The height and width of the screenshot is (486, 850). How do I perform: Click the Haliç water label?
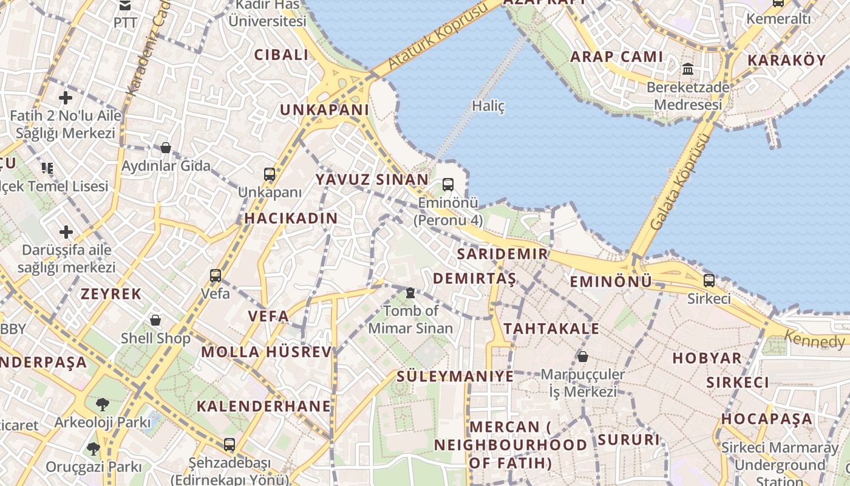[x=488, y=106]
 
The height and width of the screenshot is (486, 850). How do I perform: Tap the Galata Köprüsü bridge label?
[x=679, y=182]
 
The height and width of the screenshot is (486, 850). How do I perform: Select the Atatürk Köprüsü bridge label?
[x=438, y=36]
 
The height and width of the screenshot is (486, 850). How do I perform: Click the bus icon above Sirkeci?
[x=709, y=281]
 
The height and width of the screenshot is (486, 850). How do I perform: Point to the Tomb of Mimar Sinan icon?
[x=410, y=293]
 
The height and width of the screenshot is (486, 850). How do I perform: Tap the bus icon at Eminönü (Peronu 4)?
[x=448, y=185]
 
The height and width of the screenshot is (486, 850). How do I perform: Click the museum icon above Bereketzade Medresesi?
[x=688, y=69]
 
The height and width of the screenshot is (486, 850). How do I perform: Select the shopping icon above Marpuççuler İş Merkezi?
[x=583, y=356]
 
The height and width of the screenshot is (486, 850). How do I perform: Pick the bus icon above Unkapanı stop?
[x=270, y=175]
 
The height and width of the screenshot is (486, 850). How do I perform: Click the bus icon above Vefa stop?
[x=216, y=276]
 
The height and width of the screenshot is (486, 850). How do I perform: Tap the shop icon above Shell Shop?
[x=155, y=320]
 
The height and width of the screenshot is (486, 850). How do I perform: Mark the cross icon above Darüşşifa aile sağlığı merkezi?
[x=66, y=232]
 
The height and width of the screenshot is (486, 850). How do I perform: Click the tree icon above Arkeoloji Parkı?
[x=103, y=404]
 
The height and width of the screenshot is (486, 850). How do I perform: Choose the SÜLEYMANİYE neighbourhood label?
[x=455, y=377]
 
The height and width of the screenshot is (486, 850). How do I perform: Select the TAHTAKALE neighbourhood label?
[x=551, y=329]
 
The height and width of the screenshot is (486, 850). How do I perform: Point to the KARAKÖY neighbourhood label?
[x=787, y=61]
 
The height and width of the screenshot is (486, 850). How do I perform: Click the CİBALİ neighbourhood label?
[x=281, y=55]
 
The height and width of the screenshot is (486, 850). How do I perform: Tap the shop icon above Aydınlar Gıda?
[x=165, y=148]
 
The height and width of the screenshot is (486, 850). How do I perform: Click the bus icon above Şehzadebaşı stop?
[x=229, y=445]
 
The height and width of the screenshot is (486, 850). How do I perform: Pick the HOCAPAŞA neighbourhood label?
[x=767, y=419]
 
